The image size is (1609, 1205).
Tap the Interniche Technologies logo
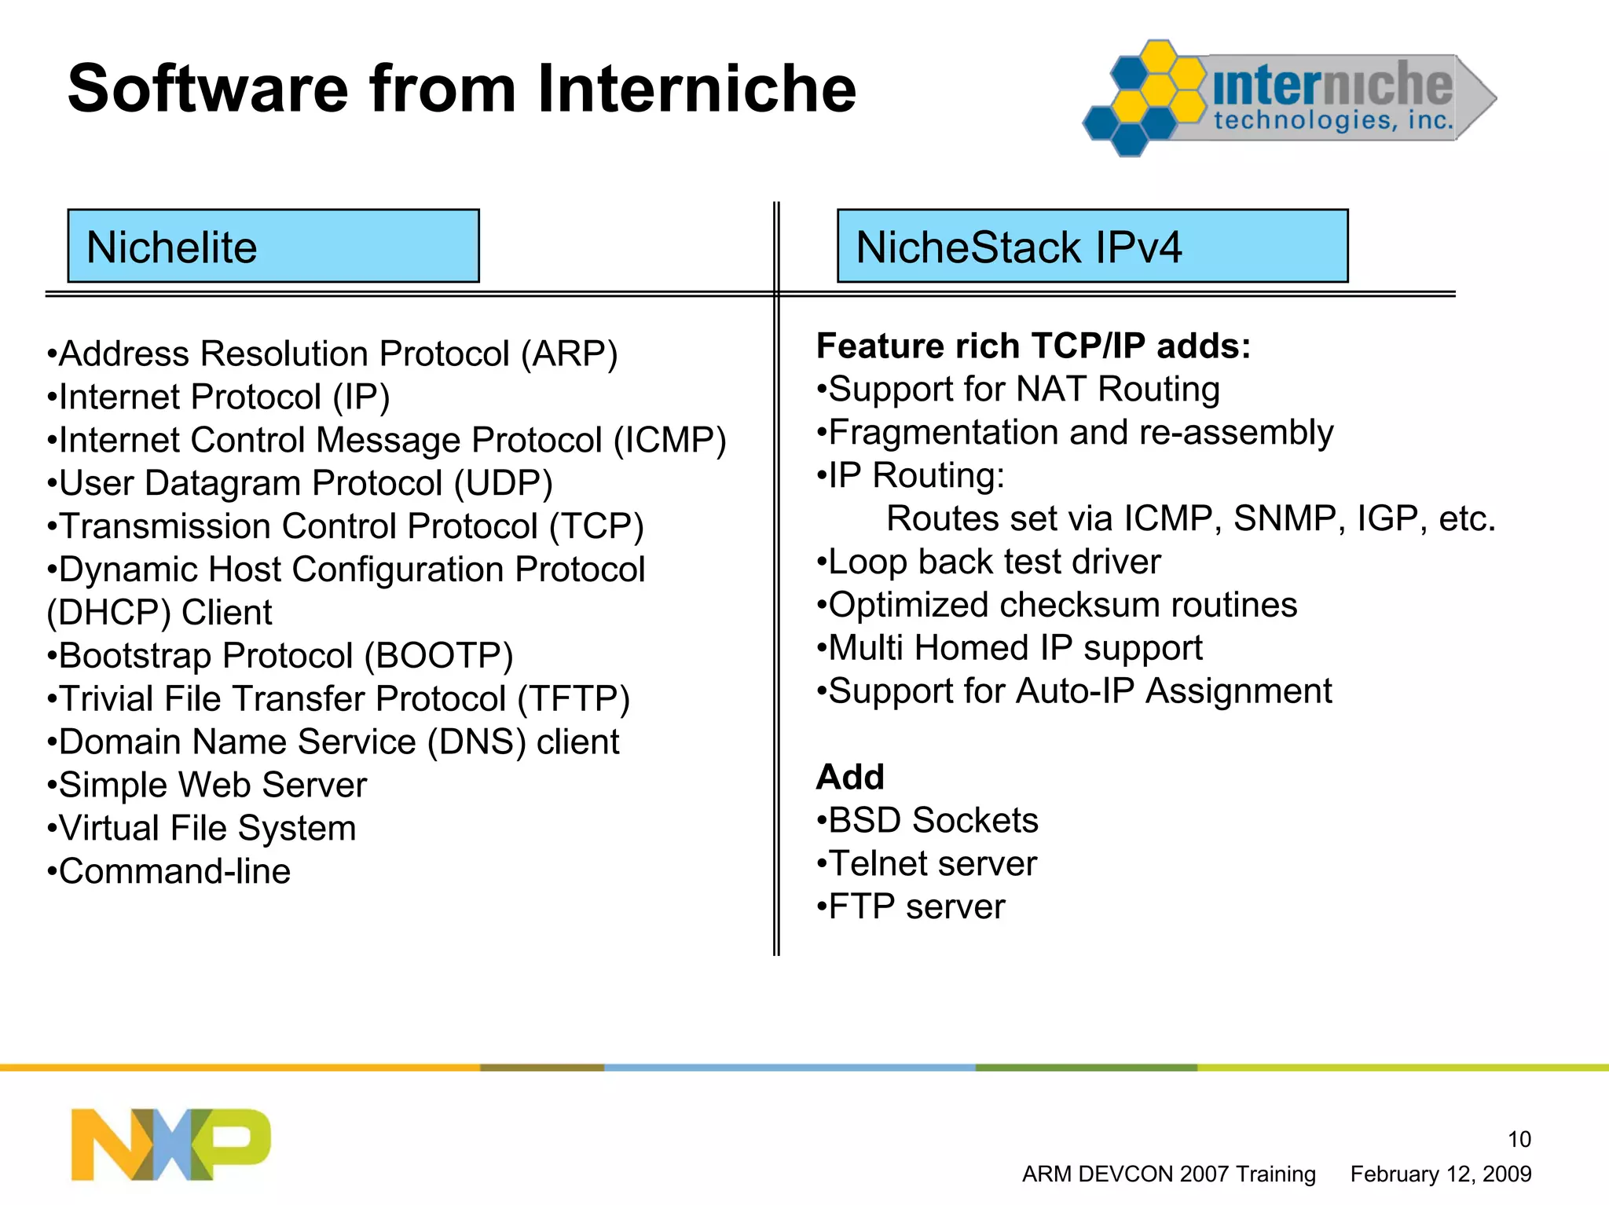point(1289,98)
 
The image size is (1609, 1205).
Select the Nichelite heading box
point(273,246)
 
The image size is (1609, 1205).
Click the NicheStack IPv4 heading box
point(1092,246)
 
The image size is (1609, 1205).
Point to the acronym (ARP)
point(570,354)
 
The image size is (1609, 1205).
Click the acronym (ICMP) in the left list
point(669,441)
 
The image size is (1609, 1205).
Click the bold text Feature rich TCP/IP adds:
point(1033,346)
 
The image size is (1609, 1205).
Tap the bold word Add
point(850,778)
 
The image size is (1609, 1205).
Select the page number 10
point(1519,1139)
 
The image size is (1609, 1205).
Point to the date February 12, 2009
point(1440,1174)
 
